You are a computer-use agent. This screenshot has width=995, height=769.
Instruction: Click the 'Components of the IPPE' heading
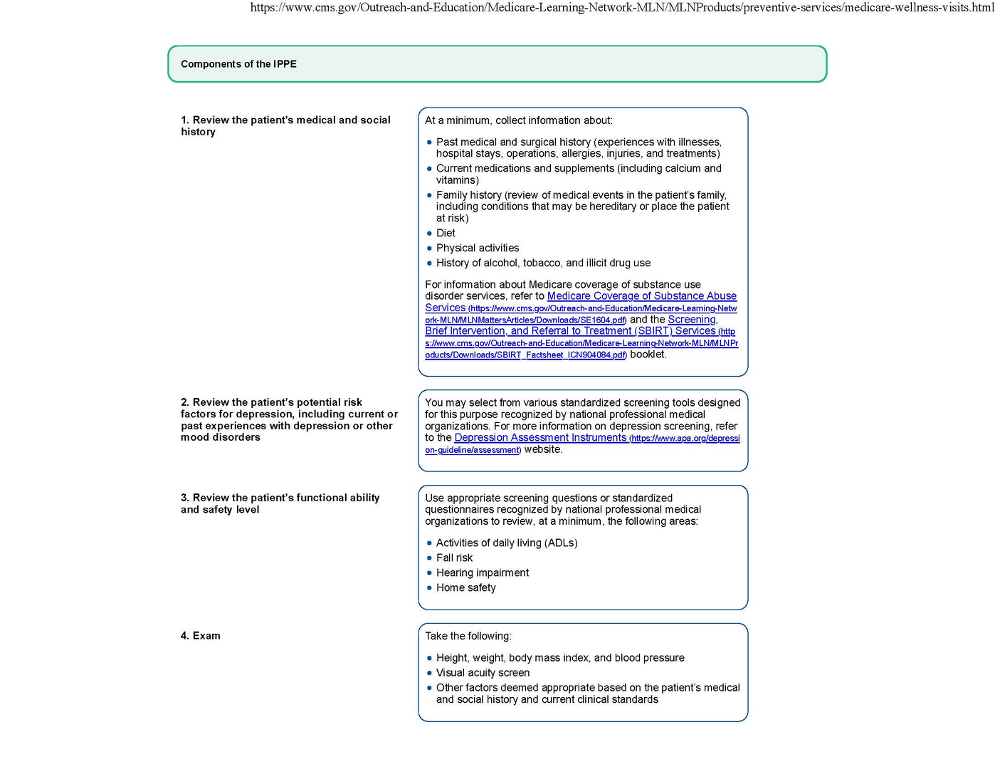(238, 64)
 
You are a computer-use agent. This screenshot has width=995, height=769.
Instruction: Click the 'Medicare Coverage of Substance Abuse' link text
(641, 296)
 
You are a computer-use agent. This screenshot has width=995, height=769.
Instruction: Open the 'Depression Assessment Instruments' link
(540, 438)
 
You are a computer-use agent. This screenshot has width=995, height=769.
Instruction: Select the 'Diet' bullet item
(446, 233)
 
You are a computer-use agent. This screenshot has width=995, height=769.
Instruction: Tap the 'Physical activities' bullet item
(478, 248)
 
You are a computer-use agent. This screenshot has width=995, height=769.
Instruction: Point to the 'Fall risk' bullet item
(454, 558)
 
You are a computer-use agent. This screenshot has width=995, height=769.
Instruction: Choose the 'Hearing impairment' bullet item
(483, 572)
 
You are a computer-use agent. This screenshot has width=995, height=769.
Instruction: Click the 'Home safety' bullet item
(465, 587)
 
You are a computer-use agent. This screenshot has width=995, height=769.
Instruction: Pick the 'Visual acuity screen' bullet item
(483, 673)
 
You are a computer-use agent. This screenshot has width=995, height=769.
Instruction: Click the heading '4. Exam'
(201, 636)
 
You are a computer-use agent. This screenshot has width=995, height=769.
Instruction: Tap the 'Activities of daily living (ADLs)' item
(507, 543)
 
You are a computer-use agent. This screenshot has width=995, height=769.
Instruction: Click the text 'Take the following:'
(468, 636)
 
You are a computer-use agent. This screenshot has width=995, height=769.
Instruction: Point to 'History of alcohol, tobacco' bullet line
(543, 263)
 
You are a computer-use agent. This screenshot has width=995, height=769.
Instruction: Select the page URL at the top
(622, 8)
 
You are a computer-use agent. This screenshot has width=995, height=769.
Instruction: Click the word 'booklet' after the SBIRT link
(648, 355)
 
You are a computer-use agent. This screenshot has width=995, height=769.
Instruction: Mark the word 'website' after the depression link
(542, 450)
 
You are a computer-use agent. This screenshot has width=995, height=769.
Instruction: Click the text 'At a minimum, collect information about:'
(518, 120)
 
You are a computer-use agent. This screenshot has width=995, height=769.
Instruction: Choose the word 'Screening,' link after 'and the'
(693, 320)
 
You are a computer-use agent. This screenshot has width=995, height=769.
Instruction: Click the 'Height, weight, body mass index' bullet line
(560, 658)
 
